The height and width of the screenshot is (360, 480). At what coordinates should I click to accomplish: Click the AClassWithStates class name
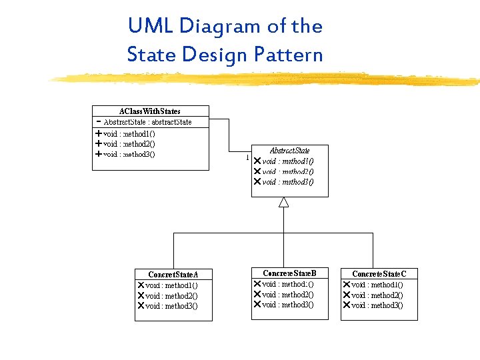[x=150, y=111]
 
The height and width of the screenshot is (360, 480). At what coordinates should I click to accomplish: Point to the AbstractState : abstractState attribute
[x=147, y=122]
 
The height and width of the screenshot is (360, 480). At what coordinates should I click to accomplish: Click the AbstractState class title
[x=289, y=151]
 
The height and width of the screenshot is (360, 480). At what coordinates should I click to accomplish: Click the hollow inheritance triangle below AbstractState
[x=283, y=202]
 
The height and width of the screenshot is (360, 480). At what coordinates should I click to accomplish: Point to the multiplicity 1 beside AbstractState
[x=247, y=158]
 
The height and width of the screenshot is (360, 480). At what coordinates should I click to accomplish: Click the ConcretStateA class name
[x=173, y=275]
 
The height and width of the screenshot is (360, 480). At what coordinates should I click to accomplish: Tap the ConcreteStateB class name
[x=289, y=273]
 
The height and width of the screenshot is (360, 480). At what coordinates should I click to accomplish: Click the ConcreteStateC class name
[x=379, y=274]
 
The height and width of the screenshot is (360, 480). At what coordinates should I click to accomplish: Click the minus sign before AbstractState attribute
[x=99, y=122]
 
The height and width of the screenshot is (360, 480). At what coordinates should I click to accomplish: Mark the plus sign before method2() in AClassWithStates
[x=99, y=143]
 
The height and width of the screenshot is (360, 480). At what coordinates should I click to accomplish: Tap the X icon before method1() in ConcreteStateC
[x=347, y=285]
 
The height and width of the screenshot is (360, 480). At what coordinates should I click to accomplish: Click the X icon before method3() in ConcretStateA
[x=141, y=306]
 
